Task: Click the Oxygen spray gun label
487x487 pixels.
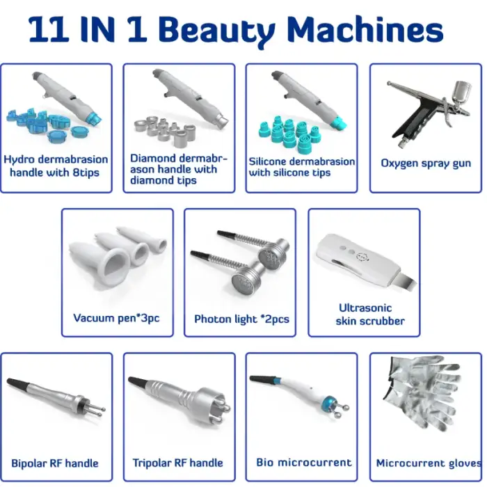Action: (x=426, y=163)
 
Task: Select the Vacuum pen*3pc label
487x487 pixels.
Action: (x=116, y=318)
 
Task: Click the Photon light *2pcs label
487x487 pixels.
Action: (x=241, y=319)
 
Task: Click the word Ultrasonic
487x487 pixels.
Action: (x=365, y=308)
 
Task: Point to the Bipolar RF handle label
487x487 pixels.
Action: (x=55, y=463)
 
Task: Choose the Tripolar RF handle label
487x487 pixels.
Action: (x=177, y=463)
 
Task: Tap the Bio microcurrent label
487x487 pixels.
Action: (x=304, y=463)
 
